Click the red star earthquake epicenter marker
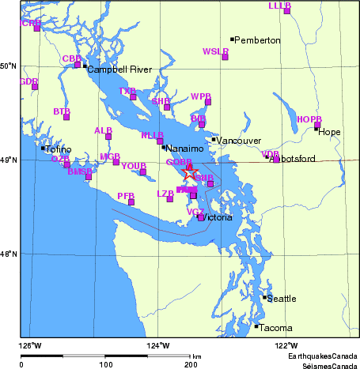[x=190, y=172]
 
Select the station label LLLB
[x=279, y=6]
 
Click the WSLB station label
[x=215, y=51]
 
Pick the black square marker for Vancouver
[x=214, y=140]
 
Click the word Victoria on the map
[x=217, y=217]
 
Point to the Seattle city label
[x=282, y=299]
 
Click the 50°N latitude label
[x=9, y=66]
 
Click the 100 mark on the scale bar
[x=106, y=365]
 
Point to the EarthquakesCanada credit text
[x=322, y=357]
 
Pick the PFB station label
[x=125, y=195]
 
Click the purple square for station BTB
[x=66, y=117]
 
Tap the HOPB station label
[x=309, y=119]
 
